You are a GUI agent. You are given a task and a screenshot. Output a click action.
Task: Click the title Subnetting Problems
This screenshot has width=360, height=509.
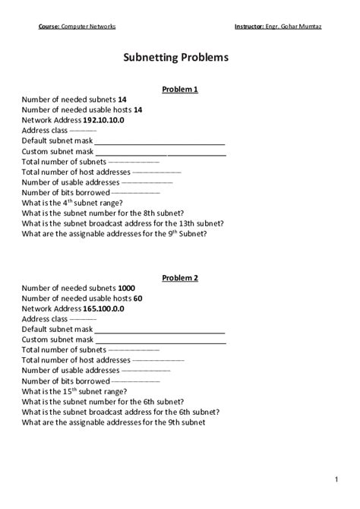[x=180, y=57]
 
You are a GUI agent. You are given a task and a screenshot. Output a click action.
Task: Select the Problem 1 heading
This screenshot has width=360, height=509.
[x=180, y=90]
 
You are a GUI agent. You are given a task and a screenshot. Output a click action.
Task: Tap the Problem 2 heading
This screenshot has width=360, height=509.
[x=180, y=277]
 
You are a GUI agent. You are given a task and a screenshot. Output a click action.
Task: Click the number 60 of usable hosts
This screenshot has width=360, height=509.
[x=137, y=299]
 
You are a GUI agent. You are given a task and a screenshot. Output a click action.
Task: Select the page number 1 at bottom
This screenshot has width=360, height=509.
[x=335, y=479]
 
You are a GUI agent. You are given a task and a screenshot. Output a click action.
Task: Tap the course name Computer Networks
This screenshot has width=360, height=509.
[x=88, y=27]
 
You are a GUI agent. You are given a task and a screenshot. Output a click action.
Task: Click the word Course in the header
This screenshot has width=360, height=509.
[x=49, y=27]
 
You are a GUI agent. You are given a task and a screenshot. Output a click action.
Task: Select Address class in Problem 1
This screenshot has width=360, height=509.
[x=46, y=131]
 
